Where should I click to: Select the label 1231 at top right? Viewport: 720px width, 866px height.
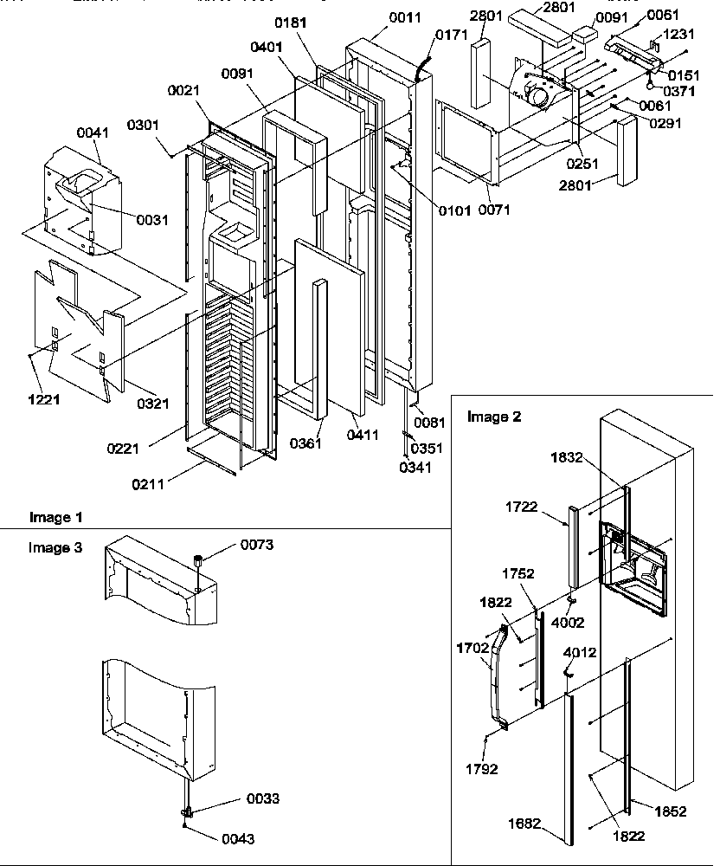(678, 35)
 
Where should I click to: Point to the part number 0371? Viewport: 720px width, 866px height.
(679, 90)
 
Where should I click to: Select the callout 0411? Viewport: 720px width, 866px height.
(362, 435)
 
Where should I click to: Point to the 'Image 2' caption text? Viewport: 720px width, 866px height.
(494, 417)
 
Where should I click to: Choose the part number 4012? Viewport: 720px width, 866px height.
(579, 652)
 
